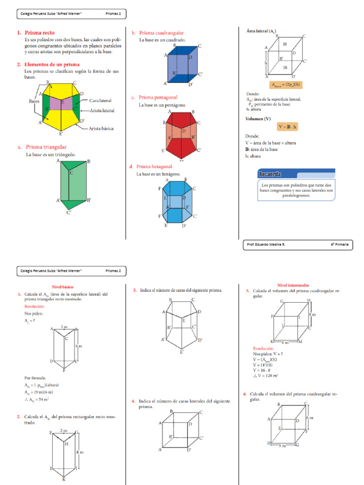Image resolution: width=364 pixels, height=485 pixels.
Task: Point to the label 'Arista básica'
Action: (x=101, y=128)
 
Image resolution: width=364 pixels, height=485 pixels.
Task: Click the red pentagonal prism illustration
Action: (x=182, y=135)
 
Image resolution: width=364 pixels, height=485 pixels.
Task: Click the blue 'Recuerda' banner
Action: (x=296, y=173)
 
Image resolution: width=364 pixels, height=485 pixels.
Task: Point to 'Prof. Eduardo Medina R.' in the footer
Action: (x=266, y=244)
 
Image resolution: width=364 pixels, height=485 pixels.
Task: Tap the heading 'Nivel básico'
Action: (x=63, y=287)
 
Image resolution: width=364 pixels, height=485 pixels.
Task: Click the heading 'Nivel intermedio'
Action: (x=293, y=286)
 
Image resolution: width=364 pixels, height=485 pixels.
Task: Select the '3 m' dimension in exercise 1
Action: (x=64, y=327)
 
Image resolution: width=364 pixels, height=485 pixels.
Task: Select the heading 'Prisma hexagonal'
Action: (x=154, y=167)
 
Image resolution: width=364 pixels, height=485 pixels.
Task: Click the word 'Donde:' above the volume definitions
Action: (x=253, y=135)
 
